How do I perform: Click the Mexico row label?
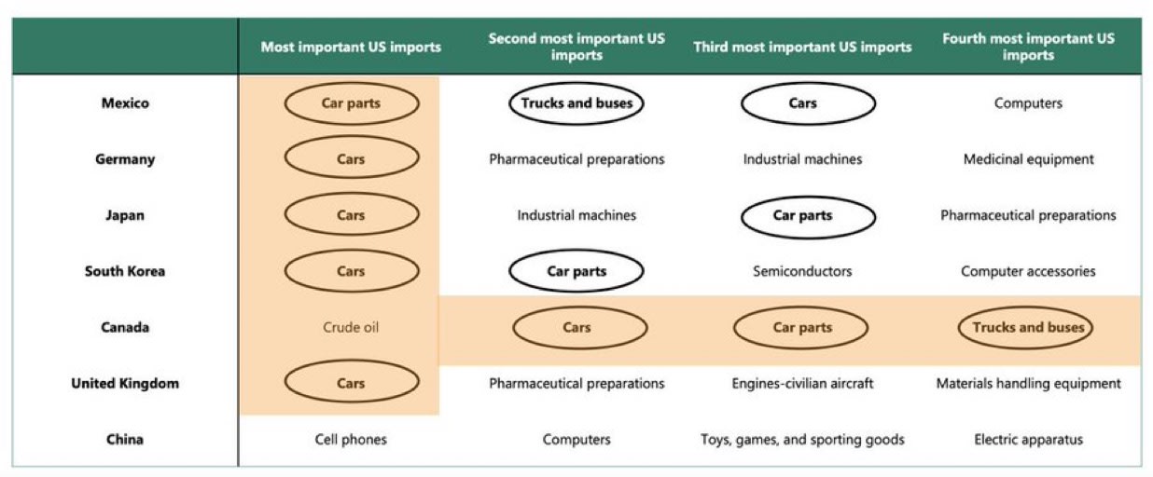[125, 103]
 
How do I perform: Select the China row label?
[125, 439]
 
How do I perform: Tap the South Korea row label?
[125, 271]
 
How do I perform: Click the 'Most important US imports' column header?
[351, 47]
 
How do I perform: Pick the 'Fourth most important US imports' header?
[1028, 47]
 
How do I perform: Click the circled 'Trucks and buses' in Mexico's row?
[576, 103]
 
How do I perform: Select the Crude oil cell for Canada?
[351, 327]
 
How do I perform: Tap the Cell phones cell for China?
[351, 439]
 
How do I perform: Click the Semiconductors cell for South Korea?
[802, 271]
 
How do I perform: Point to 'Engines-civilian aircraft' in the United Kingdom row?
[802, 383]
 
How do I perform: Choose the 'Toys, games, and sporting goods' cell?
[802, 439]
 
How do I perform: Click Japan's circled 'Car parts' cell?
[802, 215]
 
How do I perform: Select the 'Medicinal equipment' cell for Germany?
[1028, 159]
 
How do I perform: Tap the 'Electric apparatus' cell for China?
[1028, 439]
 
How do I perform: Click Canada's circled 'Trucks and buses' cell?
[1028, 327]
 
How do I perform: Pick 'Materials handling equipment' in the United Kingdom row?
[1028, 383]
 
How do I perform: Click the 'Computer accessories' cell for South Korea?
[1028, 271]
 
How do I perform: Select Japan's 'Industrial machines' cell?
[576, 215]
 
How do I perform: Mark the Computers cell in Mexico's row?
[1028, 103]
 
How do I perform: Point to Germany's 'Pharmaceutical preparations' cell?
[576, 159]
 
